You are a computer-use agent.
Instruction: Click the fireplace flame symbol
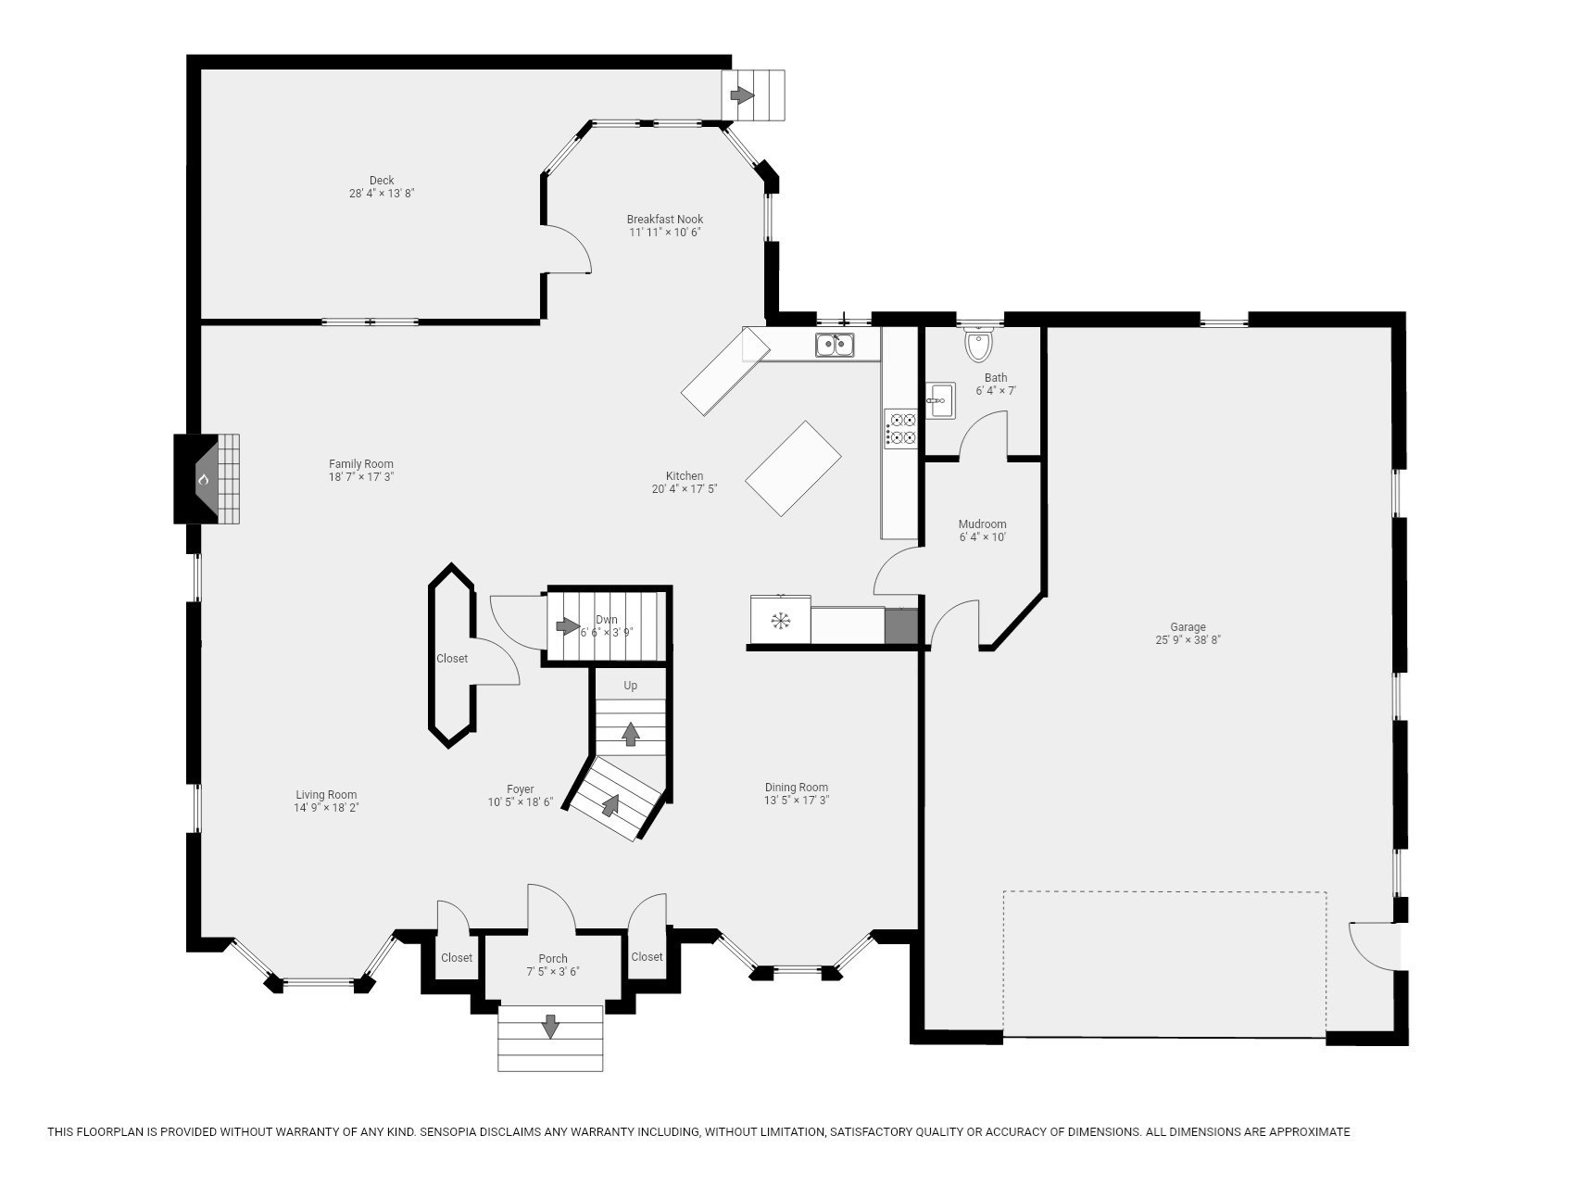(204, 479)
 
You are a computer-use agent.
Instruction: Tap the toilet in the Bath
(978, 346)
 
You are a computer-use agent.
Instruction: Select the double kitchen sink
(834, 345)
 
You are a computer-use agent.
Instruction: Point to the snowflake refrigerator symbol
(781, 620)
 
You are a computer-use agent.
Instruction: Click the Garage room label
(1187, 627)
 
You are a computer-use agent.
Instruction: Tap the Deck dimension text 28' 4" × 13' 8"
(381, 194)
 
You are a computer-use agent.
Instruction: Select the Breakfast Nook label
(664, 220)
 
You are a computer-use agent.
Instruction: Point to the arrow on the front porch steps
(550, 1026)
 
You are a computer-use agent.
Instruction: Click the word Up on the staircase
(630, 686)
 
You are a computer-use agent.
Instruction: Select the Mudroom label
(982, 524)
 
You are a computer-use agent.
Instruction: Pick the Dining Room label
(796, 788)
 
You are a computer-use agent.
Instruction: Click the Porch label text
(553, 959)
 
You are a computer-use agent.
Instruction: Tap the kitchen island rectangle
(793, 468)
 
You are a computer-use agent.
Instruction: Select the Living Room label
(326, 795)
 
